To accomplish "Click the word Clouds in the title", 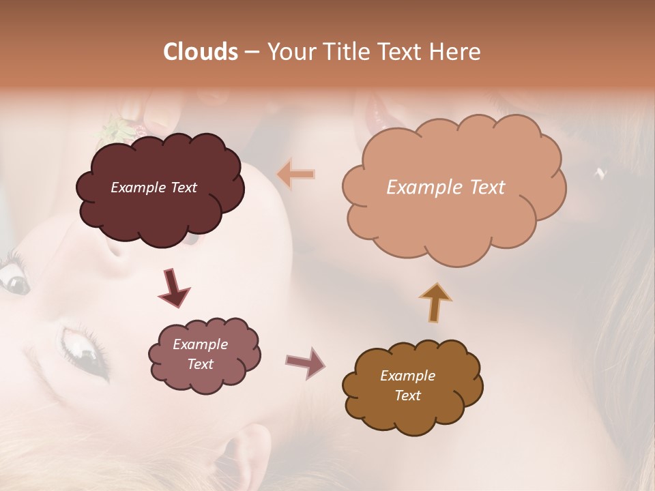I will tap(201, 52).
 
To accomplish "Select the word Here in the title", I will tap(456, 52).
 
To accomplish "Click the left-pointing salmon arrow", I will tap(296, 175).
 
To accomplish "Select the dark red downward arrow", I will tap(174, 288).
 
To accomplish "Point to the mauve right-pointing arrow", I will tap(305, 362).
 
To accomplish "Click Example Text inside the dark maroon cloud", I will tap(154, 188).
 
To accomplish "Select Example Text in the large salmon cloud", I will tap(446, 188).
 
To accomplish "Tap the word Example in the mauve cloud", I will tap(200, 344).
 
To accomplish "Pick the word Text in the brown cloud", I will tap(407, 396).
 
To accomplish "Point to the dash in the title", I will tap(251, 52).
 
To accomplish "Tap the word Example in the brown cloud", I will tap(407, 376).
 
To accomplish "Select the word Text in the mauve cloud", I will tap(200, 364).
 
